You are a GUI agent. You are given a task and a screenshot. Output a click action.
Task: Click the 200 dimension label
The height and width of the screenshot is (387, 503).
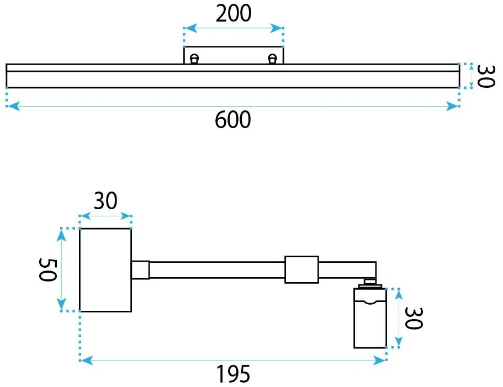(233, 13)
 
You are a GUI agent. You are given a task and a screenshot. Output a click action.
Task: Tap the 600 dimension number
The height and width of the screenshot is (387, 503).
(233, 120)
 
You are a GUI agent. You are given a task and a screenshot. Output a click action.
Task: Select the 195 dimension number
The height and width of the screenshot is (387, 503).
(233, 374)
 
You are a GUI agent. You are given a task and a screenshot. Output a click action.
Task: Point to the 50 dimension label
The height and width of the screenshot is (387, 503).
(48, 269)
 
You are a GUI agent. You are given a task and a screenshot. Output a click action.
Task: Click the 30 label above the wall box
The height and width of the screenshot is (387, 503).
(105, 201)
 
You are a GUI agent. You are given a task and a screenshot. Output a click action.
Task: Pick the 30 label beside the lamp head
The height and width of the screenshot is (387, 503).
(414, 318)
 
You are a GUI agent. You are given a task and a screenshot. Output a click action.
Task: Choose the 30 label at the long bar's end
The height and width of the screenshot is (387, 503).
(486, 76)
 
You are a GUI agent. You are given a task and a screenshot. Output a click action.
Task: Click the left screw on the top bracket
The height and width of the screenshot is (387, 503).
(194, 59)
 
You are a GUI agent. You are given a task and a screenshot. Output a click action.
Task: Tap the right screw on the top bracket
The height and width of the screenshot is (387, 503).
(272, 59)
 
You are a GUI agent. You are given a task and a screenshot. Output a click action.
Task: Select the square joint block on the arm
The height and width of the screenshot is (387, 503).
(301, 269)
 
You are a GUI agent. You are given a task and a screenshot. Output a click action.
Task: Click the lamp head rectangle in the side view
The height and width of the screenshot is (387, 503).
(370, 318)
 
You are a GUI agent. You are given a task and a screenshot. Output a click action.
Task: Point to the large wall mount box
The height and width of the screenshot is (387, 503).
(105, 269)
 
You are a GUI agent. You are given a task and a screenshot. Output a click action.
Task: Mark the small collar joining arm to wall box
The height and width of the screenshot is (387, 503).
(140, 270)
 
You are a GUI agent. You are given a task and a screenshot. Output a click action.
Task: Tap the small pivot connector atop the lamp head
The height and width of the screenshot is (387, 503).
(370, 283)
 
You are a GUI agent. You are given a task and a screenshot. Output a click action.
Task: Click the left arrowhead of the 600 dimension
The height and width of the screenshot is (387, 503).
(13, 106)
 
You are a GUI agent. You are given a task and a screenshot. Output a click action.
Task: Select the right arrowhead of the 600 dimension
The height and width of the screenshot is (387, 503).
(453, 106)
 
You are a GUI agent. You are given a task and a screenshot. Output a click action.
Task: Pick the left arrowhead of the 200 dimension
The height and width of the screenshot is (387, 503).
(190, 28)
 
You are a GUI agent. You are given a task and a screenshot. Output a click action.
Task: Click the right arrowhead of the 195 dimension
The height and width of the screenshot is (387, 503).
(380, 361)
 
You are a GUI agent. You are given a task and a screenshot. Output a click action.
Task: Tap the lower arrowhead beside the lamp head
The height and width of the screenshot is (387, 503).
(399, 341)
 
